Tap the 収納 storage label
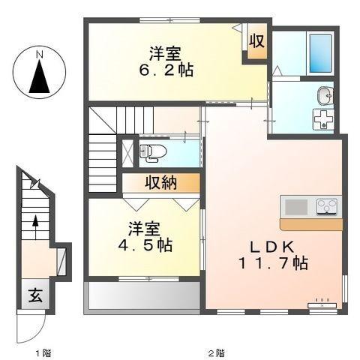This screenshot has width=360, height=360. point(161,182)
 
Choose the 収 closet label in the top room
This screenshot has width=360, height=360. point(256,42)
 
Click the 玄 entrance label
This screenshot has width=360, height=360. point(36,295)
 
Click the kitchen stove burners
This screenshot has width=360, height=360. point(327,205)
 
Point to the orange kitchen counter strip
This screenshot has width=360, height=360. point(310,223)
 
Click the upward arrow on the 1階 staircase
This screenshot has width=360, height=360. point(35,223)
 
